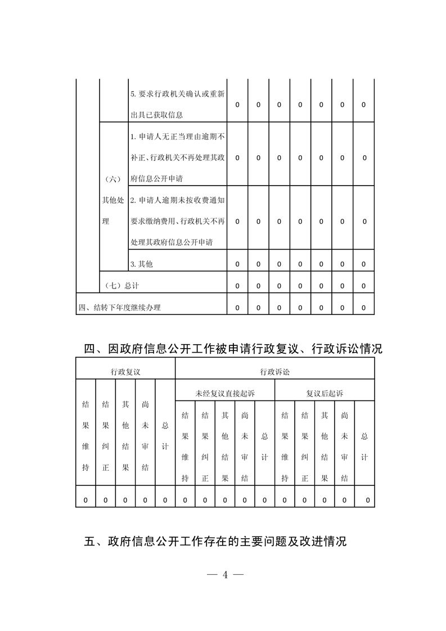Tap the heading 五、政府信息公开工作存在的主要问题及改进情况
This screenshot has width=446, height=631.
[x=215, y=542]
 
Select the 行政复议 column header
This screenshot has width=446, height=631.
[x=125, y=372]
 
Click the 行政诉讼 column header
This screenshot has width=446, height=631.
[x=275, y=372]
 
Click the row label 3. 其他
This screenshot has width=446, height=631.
[x=142, y=264]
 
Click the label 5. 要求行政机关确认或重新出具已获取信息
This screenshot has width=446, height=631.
[x=177, y=105]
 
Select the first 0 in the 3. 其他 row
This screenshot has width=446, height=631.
[x=237, y=264]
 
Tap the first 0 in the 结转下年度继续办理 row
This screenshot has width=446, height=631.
[x=237, y=308]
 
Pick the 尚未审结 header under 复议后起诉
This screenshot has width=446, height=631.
[x=344, y=447]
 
